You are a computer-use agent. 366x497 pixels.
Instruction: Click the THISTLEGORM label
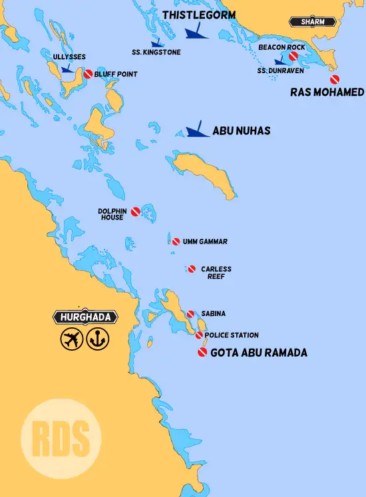[199, 15]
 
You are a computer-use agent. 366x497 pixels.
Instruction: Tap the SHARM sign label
[313, 22]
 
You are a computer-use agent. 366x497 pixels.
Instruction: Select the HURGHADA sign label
[86, 317]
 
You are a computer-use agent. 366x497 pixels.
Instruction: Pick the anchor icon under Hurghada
[97, 340]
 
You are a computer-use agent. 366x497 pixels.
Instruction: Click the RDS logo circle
[61, 438]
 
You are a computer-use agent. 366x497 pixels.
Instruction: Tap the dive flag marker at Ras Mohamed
[334, 80]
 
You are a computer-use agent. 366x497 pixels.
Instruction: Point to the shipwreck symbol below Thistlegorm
[196, 32]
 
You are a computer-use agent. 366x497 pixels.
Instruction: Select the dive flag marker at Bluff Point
[87, 75]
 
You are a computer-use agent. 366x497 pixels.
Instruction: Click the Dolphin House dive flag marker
[135, 211]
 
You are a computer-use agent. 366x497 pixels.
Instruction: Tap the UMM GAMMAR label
[204, 242]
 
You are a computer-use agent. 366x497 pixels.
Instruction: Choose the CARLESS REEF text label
[216, 272]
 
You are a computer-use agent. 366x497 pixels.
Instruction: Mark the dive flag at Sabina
[190, 314]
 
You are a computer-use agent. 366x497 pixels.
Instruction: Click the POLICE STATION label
[232, 335]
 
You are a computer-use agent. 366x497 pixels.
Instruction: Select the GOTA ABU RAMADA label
[259, 353]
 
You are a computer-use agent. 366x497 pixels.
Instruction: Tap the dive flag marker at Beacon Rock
[293, 57]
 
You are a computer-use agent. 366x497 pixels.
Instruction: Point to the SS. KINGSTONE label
[156, 52]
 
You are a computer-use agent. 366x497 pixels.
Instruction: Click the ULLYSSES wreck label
[69, 57]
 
